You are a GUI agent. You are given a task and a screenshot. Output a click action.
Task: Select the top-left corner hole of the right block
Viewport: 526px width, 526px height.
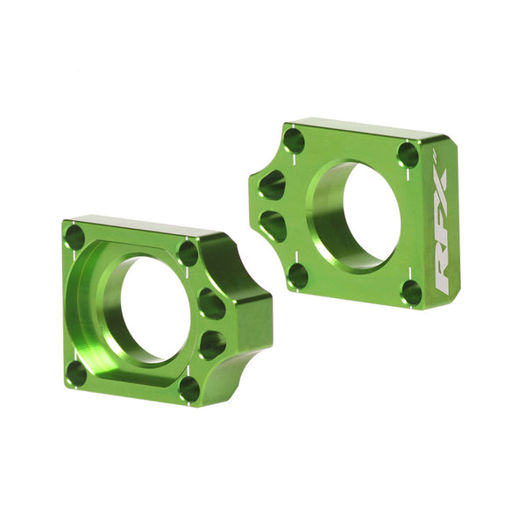coord(295,140)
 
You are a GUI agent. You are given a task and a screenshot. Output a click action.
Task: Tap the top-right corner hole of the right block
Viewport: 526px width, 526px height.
coord(408,154)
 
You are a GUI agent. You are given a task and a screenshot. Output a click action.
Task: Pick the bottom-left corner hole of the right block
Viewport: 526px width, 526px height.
coord(298,275)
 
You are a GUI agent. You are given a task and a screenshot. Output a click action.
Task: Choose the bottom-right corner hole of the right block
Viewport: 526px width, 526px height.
coord(411,292)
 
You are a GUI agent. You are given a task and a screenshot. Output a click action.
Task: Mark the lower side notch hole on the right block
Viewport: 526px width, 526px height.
coord(274,224)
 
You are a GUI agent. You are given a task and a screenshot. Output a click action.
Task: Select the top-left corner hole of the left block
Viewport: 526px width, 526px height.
coord(75,236)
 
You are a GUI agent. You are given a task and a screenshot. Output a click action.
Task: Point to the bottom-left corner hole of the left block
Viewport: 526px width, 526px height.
coord(77,373)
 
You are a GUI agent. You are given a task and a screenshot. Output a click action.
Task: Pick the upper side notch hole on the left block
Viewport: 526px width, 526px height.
coord(211,303)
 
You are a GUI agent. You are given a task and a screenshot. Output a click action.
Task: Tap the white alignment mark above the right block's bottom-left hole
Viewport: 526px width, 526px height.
coord(297,255)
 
